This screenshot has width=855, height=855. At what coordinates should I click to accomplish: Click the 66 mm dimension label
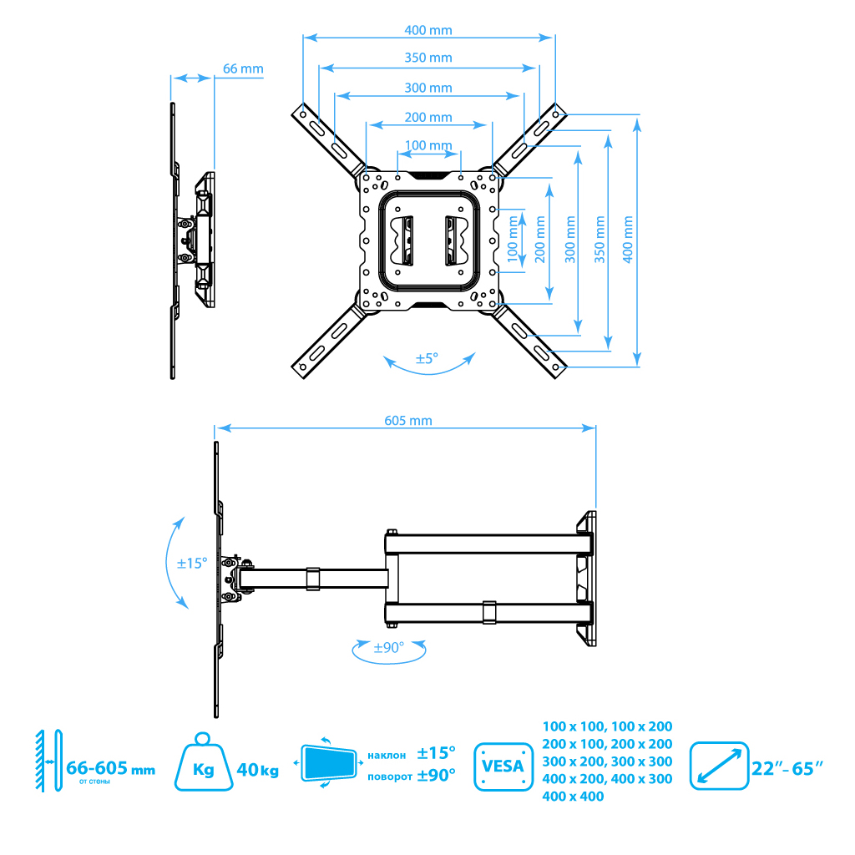tap(243, 68)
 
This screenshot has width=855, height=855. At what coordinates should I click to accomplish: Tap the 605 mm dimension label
tap(408, 421)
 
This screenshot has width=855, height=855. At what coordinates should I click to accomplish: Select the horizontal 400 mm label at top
tap(428, 30)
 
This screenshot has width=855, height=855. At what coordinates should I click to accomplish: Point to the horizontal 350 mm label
tap(428, 58)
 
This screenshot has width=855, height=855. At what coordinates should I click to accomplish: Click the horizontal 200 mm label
tap(428, 117)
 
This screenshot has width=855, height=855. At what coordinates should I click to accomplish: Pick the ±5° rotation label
tap(427, 358)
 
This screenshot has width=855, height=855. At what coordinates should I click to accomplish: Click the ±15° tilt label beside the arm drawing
tap(192, 564)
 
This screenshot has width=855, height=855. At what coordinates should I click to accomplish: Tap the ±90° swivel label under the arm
tap(389, 647)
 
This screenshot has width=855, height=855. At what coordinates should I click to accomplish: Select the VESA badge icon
tap(503, 766)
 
